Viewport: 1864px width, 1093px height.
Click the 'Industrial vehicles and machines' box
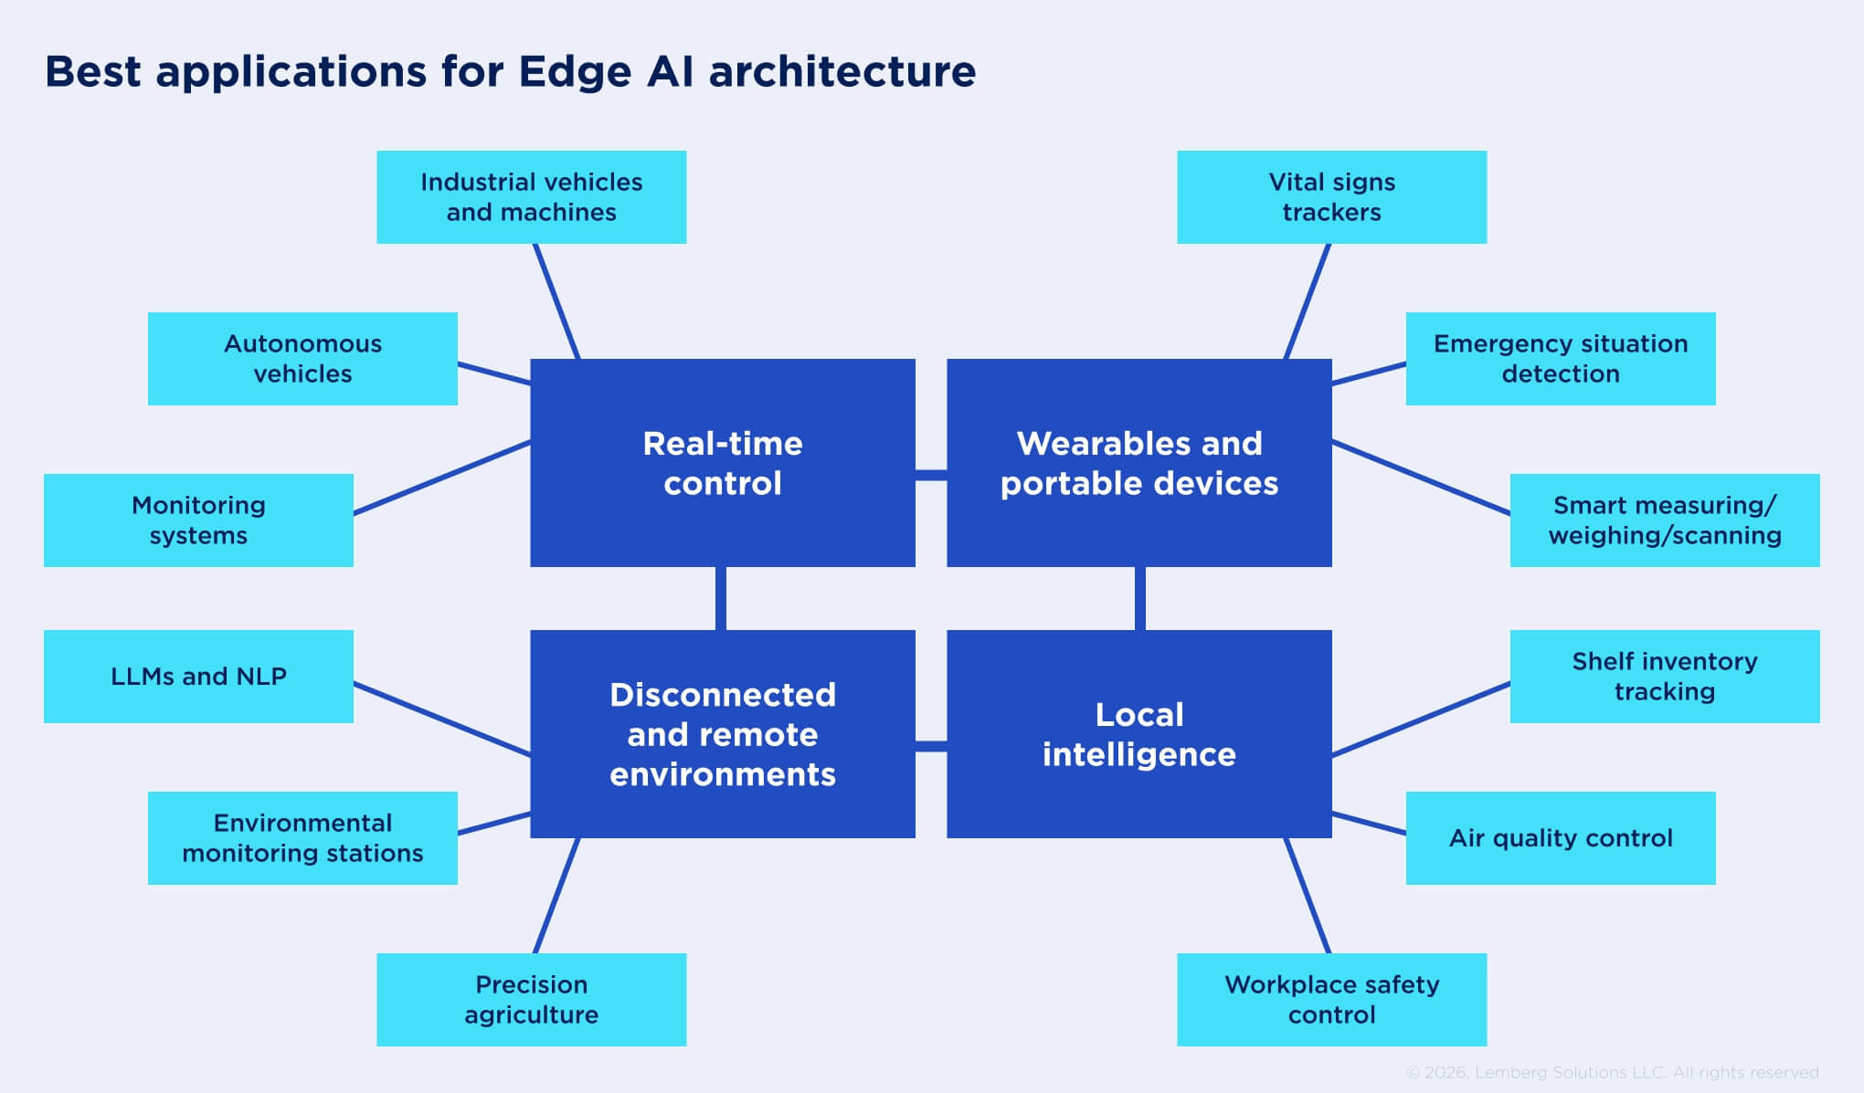(531, 197)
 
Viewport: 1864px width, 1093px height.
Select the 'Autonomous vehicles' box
(302, 359)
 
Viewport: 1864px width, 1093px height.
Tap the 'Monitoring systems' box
(198, 520)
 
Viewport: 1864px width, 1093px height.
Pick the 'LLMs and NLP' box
(198, 677)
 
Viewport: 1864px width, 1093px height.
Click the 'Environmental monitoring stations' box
(302, 838)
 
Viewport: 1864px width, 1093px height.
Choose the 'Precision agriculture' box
(531, 1000)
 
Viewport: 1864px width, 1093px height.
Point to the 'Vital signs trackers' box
(1331, 197)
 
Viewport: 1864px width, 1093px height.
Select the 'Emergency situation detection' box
(1560, 359)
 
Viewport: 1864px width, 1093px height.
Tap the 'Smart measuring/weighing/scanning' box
(1664, 520)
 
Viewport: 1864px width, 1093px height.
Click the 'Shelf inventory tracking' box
(1664, 677)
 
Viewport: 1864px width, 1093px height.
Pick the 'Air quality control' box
(1560, 838)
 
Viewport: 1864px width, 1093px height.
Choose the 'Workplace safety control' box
(1331, 1000)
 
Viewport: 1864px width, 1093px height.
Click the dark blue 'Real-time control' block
(722, 463)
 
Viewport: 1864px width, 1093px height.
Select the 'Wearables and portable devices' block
(1139, 463)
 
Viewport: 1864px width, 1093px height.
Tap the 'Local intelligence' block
(1139, 734)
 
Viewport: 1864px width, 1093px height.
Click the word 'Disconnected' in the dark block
(722, 695)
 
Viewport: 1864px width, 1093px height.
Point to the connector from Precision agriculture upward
(556, 896)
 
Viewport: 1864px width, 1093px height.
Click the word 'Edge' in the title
(574, 72)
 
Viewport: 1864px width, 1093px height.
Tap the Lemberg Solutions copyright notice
(1612, 1072)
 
